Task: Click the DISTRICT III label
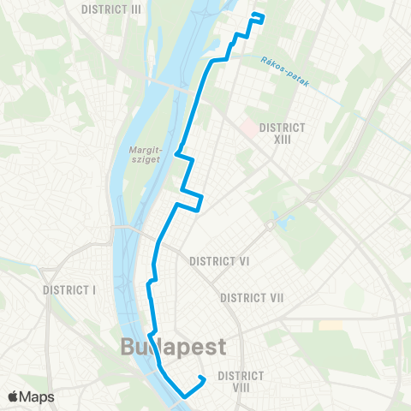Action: (x=111, y=9)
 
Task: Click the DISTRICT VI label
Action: (x=220, y=261)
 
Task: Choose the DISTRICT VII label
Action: (x=252, y=297)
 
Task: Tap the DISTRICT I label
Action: (x=69, y=289)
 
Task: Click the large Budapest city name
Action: (x=173, y=347)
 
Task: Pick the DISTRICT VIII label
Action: (x=245, y=382)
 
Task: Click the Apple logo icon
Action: (x=15, y=396)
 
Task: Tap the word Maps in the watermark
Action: (x=38, y=396)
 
